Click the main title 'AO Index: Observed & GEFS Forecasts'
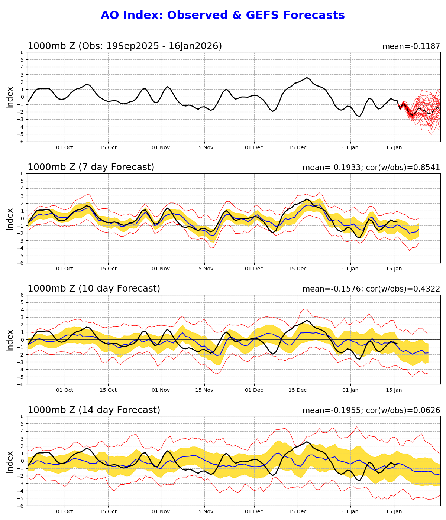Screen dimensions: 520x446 [x=223, y=15]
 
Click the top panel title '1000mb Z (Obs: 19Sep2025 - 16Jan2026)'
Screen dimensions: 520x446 [x=125, y=46]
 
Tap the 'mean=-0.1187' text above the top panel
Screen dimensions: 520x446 [x=411, y=46]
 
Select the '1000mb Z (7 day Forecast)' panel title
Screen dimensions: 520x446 [x=91, y=167]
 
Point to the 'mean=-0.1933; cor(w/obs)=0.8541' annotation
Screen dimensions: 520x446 [x=371, y=168]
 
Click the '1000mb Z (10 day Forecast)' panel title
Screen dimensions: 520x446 [x=94, y=289]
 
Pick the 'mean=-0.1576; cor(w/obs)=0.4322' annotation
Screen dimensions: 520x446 [x=371, y=289]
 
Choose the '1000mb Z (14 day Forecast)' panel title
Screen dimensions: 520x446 [x=94, y=410]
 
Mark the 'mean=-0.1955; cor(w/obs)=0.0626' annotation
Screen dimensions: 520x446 [x=371, y=410]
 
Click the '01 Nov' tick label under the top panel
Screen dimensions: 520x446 [x=161, y=147]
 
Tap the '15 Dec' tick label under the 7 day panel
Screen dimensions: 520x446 [x=297, y=269]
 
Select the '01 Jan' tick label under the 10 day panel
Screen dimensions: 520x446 [x=350, y=390]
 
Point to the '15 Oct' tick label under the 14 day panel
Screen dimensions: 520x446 [x=108, y=511]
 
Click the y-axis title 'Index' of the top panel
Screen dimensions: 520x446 [x=10, y=97]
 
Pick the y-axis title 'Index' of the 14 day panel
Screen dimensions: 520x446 [x=10, y=461]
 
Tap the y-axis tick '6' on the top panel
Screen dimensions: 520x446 [x=22, y=52]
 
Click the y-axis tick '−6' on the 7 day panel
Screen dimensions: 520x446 [x=21, y=263]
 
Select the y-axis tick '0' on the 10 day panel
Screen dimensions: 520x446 [x=22, y=339]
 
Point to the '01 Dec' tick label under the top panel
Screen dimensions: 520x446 [x=254, y=147]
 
